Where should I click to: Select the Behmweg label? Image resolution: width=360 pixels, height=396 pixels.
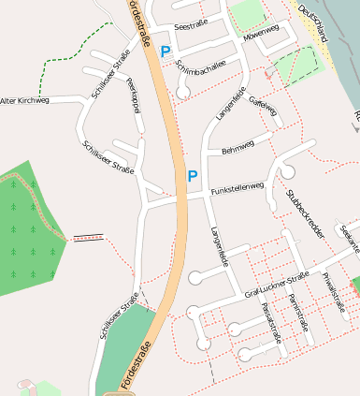pos(238,147)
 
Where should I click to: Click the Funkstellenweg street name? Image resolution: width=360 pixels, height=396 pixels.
pos(238,189)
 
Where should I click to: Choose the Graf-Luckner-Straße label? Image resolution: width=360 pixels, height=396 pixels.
pos(276,286)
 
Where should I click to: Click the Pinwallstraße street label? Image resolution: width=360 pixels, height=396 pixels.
pos(333,292)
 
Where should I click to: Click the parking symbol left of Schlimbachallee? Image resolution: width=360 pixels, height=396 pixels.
pos(166,52)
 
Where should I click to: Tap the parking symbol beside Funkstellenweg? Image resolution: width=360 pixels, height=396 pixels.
pos(193,175)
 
